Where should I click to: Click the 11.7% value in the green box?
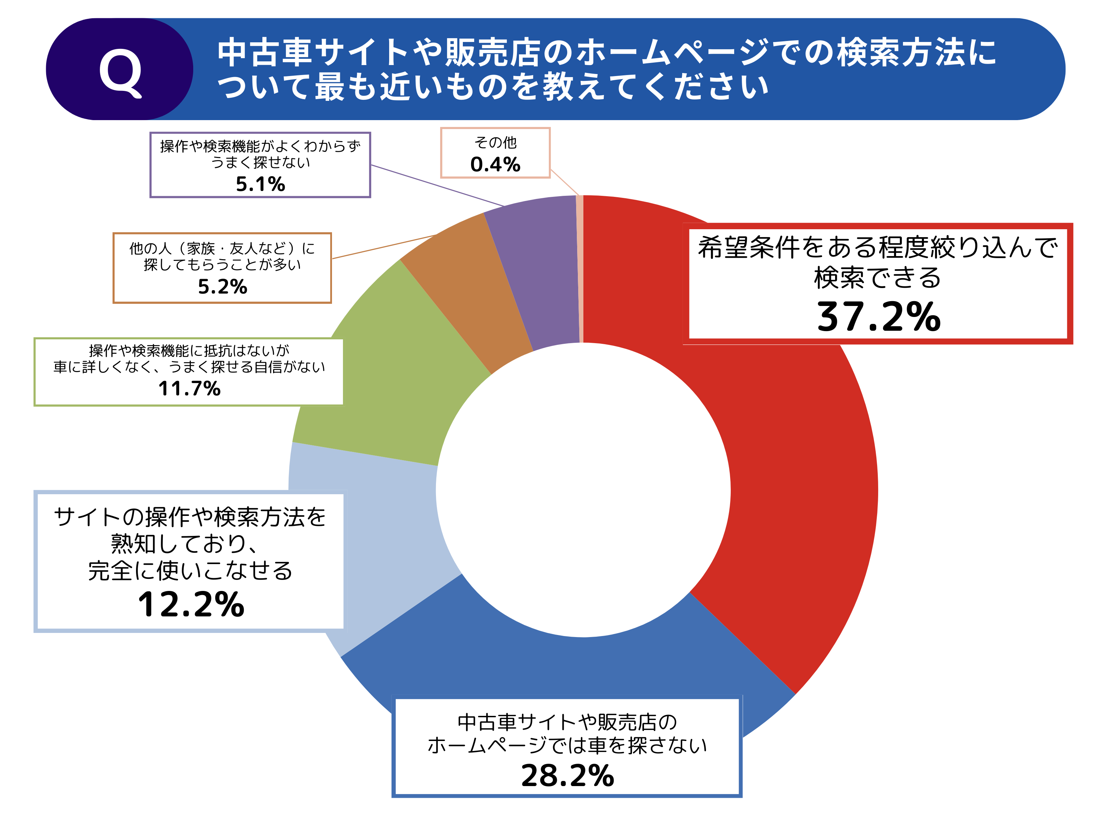(x=189, y=388)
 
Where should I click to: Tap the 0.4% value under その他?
(x=495, y=164)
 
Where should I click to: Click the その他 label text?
(x=495, y=143)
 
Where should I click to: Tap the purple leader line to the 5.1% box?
(x=438, y=185)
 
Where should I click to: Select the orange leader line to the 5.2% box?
(x=384, y=246)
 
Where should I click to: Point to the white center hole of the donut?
(x=583, y=490)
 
